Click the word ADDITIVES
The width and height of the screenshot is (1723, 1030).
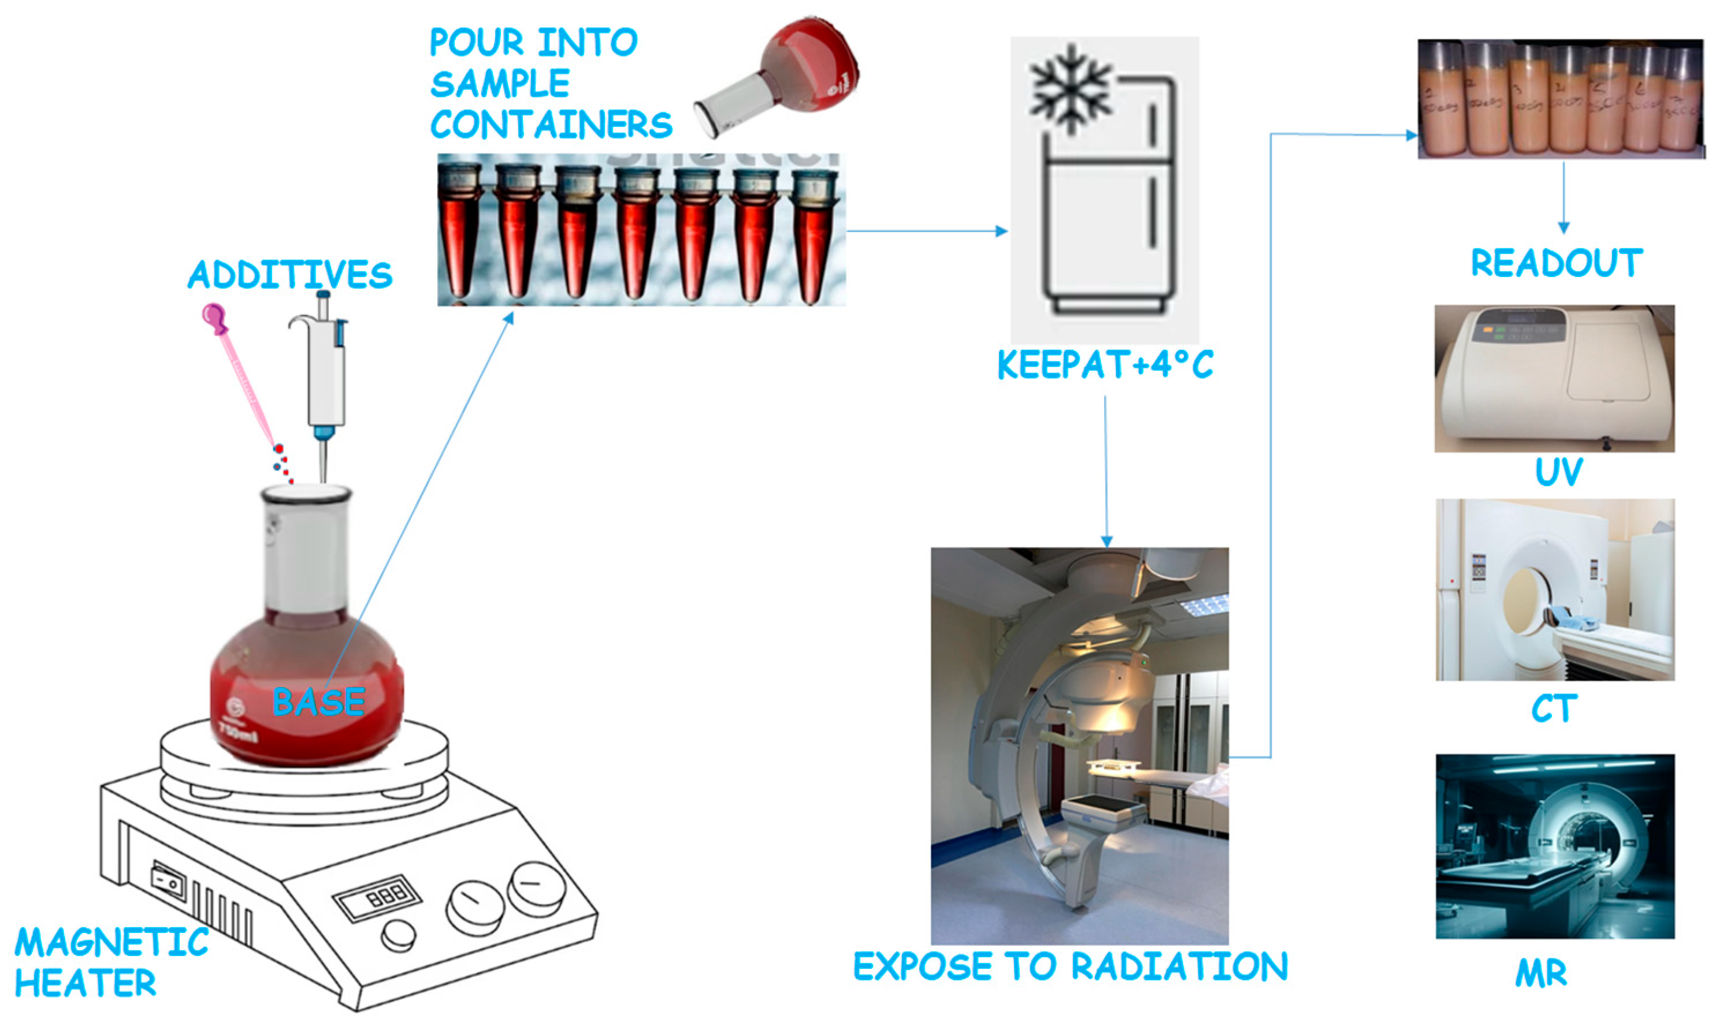tap(289, 274)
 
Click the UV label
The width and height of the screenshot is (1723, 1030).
tap(1558, 472)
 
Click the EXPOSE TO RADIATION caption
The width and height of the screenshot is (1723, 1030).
tap(1070, 966)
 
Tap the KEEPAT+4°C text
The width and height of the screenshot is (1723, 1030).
tap(1105, 364)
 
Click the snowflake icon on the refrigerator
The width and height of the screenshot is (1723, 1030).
tap(1070, 89)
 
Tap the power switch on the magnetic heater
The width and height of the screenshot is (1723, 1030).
tap(169, 882)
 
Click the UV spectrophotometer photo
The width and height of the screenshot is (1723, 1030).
tap(1554, 378)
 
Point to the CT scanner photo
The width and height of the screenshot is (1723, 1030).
tap(1555, 589)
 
